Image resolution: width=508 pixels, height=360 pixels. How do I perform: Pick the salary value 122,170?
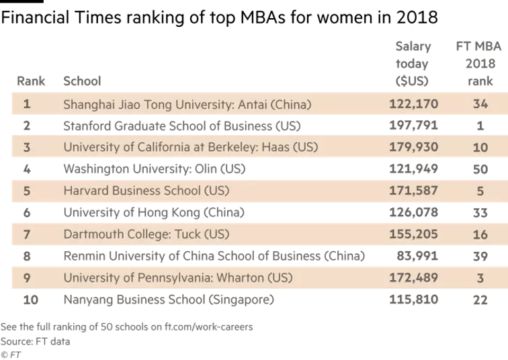coord(413,104)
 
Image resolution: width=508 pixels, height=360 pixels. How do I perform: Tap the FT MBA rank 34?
coord(480,104)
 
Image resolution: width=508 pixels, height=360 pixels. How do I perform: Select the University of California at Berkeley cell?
coord(190,147)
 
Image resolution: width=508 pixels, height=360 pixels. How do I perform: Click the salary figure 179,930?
coord(413,147)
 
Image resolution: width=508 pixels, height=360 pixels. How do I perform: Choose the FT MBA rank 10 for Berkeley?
coord(480,147)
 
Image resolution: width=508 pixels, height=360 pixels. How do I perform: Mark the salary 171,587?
coord(413,191)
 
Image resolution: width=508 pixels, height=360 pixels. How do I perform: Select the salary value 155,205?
coord(413,234)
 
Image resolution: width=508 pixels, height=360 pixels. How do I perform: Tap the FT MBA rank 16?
coord(480,234)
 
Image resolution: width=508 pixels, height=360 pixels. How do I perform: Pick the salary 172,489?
coord(413,277)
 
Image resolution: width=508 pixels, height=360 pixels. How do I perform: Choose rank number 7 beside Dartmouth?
coord(27,234)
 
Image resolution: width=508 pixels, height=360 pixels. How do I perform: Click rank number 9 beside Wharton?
coord(27,277)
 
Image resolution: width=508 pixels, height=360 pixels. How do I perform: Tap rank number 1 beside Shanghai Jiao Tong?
coord(27,104)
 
